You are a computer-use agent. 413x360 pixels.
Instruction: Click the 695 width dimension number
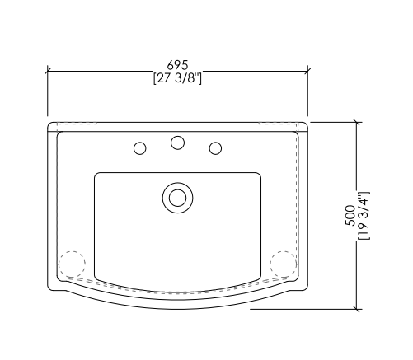177,65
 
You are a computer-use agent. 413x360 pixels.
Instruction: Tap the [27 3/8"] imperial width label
177,78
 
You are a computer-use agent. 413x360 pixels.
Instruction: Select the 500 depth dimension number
350,215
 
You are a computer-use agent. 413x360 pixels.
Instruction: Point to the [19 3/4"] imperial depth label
364,215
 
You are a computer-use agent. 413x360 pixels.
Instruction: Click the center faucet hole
177,143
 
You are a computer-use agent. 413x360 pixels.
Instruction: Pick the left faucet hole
140,148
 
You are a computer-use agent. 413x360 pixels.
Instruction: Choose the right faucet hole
215,148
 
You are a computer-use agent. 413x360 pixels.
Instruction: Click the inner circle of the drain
177,198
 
